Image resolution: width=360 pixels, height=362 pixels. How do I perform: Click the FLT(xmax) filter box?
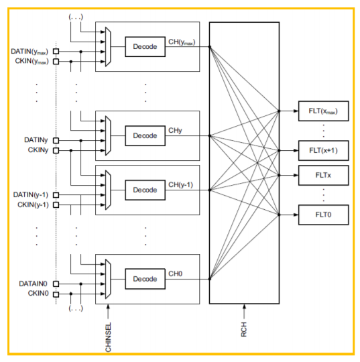pos(323,111)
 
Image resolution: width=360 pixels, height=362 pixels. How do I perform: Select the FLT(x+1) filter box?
pos(323,151)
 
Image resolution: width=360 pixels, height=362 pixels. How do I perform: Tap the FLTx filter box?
pos(323,175)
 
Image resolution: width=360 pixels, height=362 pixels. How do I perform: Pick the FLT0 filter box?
pos(323,215)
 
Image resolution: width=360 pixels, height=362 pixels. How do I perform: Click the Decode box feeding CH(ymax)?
pos(145,47)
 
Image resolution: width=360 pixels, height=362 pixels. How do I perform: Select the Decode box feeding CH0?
pos(145,279)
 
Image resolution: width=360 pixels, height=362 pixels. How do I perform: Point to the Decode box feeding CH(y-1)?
pos(145,190)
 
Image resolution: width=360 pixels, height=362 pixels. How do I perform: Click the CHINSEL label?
pos(108,337)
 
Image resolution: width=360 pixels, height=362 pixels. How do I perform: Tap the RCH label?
pos(244,329)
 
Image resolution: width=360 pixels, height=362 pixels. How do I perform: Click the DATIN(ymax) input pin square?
pos(56,51)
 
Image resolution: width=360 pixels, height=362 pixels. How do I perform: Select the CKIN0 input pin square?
pos(56,294)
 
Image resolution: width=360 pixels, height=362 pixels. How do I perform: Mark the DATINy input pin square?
pos(56,140)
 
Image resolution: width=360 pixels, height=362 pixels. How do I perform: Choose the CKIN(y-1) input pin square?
pos(56,204)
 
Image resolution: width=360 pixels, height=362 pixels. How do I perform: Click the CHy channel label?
pos(175,131)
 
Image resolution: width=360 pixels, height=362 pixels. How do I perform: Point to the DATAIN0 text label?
pos(33,284)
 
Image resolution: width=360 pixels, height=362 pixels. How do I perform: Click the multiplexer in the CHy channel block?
pos(108,135)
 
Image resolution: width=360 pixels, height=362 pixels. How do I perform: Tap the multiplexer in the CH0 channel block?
pos(108,279)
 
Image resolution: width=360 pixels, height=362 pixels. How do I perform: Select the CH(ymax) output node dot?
pos(210,47)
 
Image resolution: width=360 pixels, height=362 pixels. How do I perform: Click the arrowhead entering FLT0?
pos(296,215)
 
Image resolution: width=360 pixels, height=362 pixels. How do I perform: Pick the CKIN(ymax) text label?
pos(32,61)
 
